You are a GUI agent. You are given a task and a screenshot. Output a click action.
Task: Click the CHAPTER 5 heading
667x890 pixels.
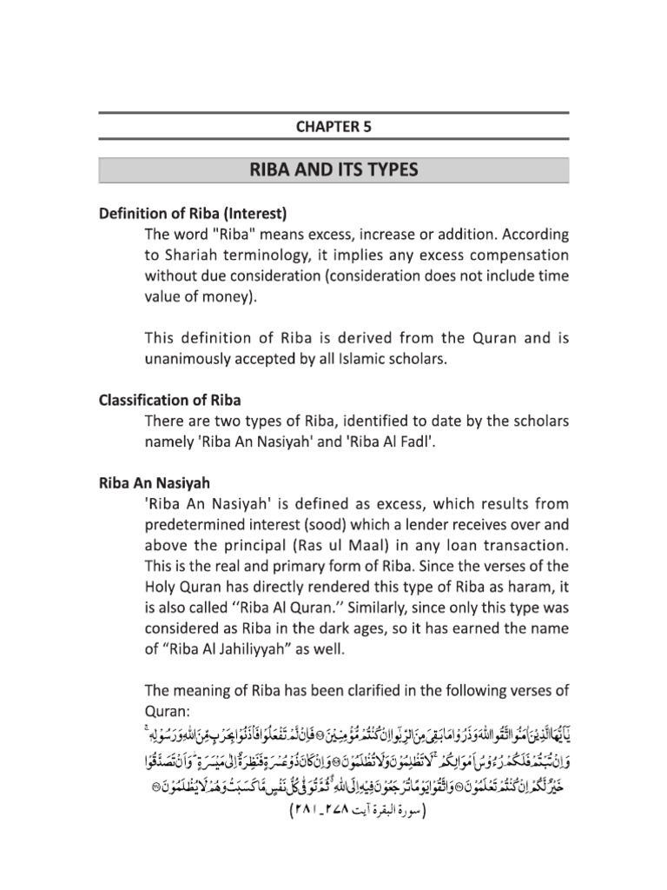point(334,126)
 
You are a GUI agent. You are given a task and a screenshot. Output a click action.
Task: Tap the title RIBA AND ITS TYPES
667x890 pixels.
point(334,170)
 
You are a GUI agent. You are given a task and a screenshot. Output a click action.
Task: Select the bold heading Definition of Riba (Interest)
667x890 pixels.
point(192,213)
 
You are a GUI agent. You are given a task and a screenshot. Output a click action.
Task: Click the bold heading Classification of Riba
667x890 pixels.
point(169,401)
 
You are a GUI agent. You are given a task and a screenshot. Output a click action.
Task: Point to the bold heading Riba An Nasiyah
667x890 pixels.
point(155,481)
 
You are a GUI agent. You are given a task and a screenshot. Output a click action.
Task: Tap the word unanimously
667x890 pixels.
point(201,356)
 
